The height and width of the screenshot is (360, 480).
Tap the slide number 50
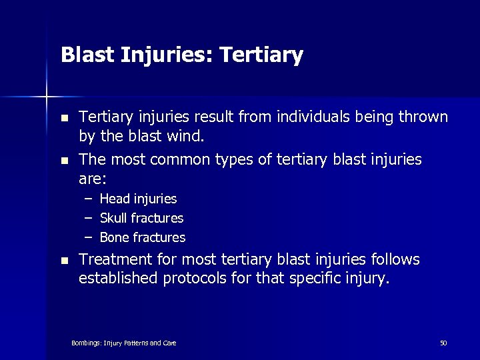443,343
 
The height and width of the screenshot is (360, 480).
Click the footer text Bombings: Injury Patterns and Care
124,343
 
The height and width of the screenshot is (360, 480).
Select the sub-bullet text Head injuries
138,199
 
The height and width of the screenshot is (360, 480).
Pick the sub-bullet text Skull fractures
141,218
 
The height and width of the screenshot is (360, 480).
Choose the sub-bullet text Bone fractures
142,237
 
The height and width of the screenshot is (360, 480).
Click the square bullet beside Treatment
64,260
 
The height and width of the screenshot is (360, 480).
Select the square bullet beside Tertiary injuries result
64,118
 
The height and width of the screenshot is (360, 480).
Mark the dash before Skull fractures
88,218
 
